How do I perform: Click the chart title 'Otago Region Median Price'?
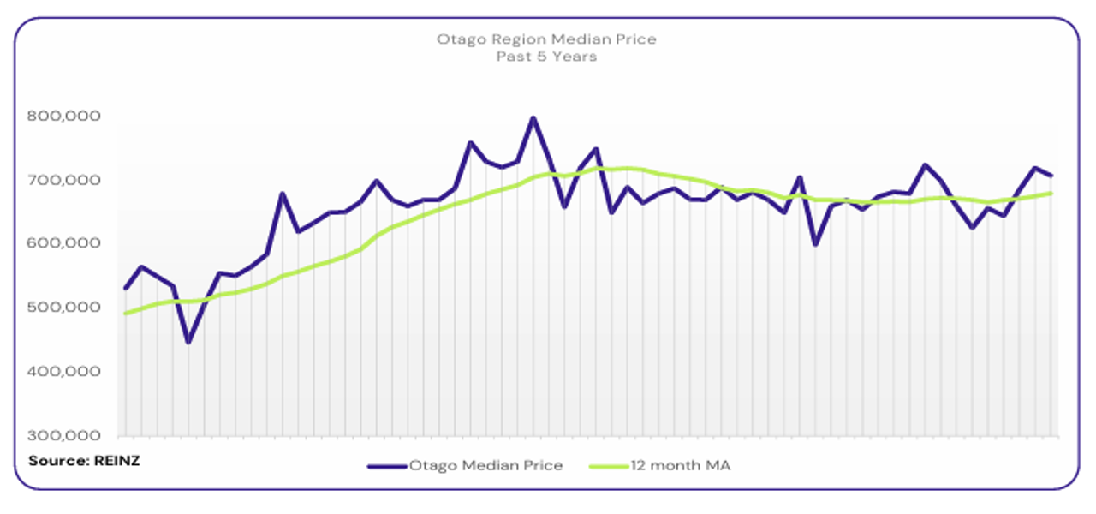(546, 39)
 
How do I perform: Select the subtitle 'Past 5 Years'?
(546, 57)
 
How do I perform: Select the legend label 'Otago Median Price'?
(485, 466)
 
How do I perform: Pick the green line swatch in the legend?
(609, 466)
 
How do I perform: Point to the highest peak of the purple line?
(533, 118)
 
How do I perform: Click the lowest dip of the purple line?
(188, 342)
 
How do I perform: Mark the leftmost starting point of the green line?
(126, 314)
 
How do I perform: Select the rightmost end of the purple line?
(1051, 176)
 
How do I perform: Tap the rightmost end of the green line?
(1051, 194)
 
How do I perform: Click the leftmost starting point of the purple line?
(126, 288)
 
